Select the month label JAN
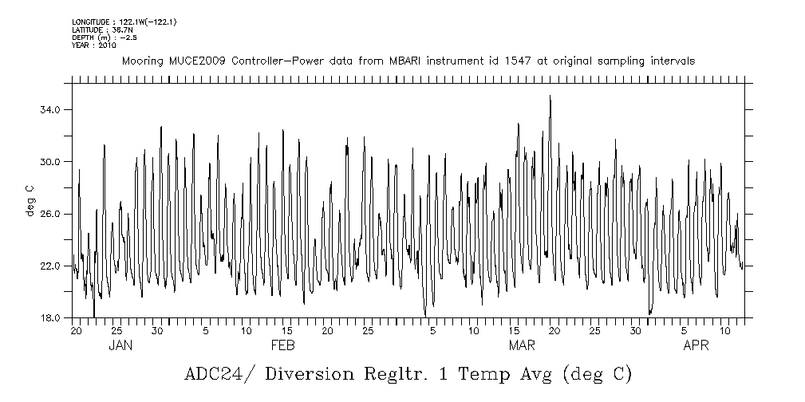click(x=120, y=345)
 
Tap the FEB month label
click(x=283, y=345)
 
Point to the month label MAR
click(x=522, y=345)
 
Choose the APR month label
click(x=696, y=345)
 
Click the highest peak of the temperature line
click(x=550, y=97)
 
